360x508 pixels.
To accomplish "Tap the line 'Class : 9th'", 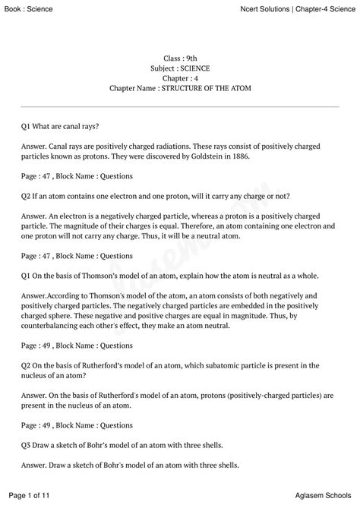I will pos(180,58).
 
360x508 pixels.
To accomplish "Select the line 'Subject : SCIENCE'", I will pos(180,68).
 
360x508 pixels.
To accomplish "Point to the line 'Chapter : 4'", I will pos(180,78).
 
